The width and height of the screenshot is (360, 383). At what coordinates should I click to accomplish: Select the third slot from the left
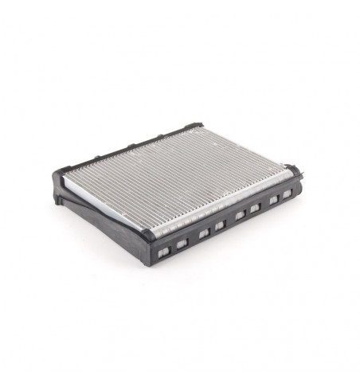(x=205, y=235)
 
